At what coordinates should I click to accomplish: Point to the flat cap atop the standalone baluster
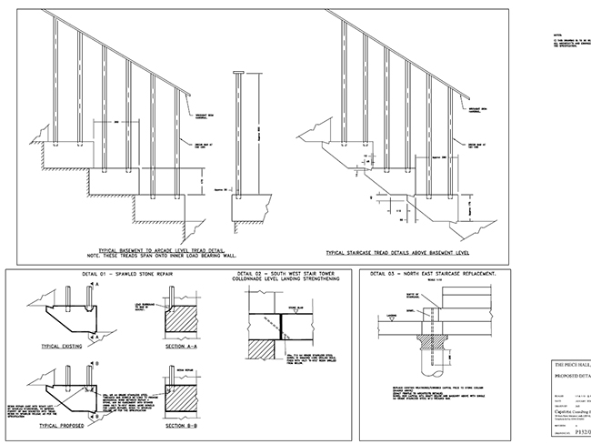pyautogui.click(x=239, y=73)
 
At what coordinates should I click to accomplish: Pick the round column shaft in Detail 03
pyautogui.click(x=425, y=356)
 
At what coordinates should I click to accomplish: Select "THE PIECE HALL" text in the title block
pyautogui.click(x=571, y=361)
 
